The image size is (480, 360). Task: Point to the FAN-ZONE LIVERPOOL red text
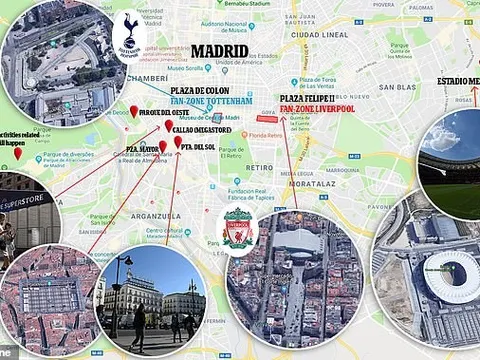(x=316, y=108)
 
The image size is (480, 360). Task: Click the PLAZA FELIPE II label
(x=309, y=97)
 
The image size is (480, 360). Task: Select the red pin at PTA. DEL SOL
(x=178, y=143)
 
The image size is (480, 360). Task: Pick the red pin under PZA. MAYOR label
(x=162, y=147)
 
